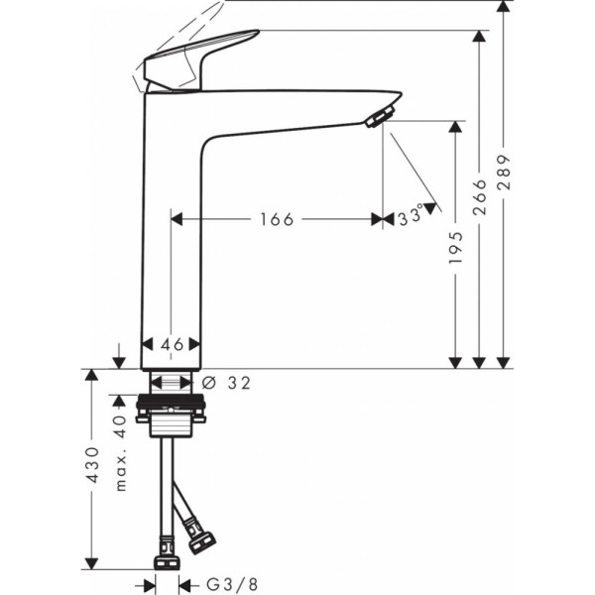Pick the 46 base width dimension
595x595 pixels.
pos(173,344)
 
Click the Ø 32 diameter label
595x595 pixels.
pos(225,382)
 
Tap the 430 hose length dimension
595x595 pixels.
pos(91,465)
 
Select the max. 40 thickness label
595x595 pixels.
pos(120,452)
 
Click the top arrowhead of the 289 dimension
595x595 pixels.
pos(505,8)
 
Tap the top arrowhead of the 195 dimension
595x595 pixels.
pos(456,128)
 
